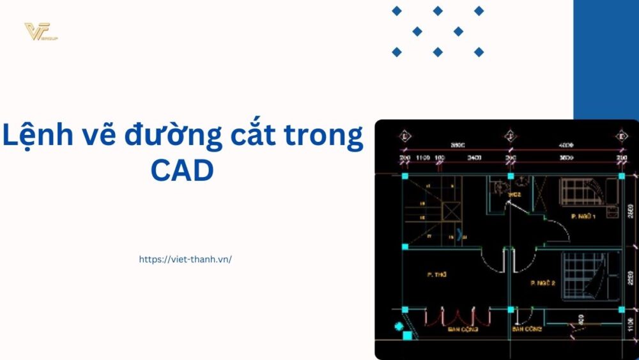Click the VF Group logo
(41, 31)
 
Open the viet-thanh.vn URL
(185, 260)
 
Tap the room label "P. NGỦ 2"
(542, 282)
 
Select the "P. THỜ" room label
(436, 274)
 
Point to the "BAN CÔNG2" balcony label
(527, 329)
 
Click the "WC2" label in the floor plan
(515, 194)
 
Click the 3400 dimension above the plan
(473, 157)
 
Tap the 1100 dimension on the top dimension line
(422, 157)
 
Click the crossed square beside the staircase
(451, 211)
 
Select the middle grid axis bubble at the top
(510, 136)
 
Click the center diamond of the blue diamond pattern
(438, 31)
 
